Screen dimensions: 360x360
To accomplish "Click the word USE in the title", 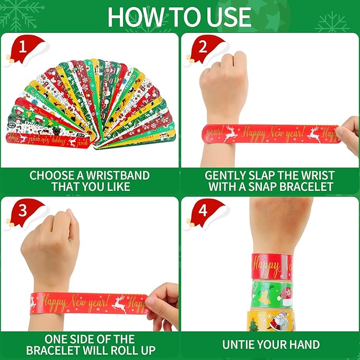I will click(227, 17).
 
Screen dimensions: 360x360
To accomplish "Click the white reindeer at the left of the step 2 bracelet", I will click(230, 133).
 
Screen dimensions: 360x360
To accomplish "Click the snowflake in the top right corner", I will click(332, 22).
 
